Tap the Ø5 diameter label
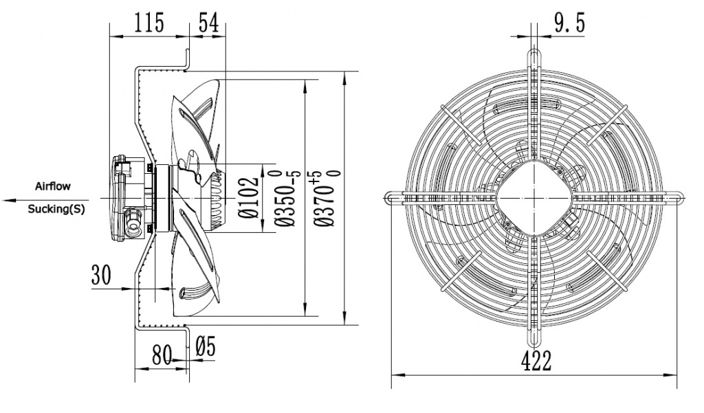click(206, 347)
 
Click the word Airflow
click(53, 186)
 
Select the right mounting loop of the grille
click(676, 198)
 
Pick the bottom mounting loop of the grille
click(535, 341)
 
